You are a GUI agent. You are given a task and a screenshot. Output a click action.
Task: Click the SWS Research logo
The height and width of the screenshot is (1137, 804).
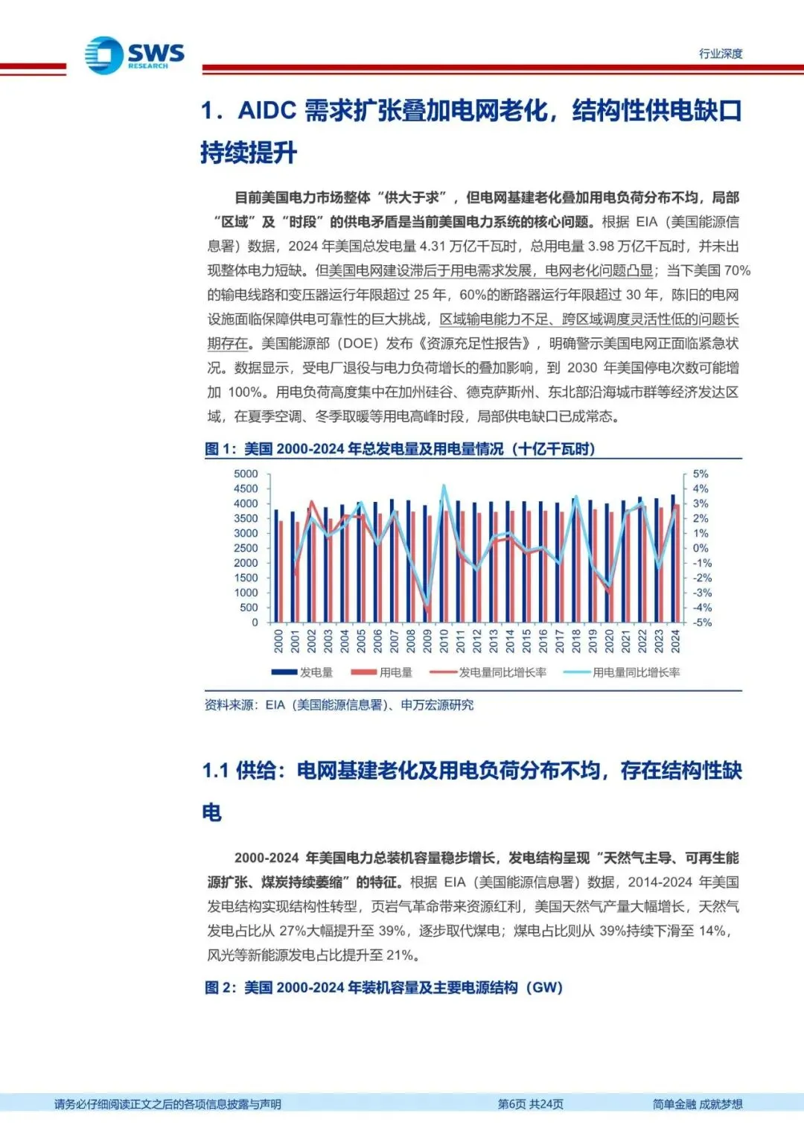(134, 55)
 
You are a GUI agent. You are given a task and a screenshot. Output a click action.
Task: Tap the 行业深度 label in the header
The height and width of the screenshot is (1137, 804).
(720, 54)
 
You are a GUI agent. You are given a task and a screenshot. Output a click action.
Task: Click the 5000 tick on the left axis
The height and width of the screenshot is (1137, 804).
(246, 474)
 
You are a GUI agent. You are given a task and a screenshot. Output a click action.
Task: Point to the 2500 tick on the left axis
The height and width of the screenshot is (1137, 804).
(246, 548)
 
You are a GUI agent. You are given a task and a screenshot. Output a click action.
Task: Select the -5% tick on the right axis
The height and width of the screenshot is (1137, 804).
(702, 622)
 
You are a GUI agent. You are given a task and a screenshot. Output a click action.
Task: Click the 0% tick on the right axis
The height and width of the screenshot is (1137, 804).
(701, 548)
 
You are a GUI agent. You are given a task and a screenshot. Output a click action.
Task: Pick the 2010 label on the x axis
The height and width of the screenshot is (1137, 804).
(444, 641)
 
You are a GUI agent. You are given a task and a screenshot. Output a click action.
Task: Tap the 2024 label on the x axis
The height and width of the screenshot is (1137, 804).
(675, 641)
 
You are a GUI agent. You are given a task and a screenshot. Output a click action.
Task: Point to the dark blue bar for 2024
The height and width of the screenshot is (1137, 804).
(673, 558)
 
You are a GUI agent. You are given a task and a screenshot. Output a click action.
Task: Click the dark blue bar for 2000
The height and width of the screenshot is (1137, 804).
(276, 566)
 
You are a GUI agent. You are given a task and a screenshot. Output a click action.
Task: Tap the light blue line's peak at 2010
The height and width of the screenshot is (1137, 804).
(444, 485)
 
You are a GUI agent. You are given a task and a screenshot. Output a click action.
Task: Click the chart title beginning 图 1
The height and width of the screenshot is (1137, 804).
(400, 449)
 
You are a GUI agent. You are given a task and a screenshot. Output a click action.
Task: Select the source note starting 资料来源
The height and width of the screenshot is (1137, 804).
(339, 705)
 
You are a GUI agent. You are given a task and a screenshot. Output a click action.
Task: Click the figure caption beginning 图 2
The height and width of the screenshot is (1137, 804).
(383, 987)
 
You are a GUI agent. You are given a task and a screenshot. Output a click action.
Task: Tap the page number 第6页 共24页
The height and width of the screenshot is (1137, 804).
(530, 1104)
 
